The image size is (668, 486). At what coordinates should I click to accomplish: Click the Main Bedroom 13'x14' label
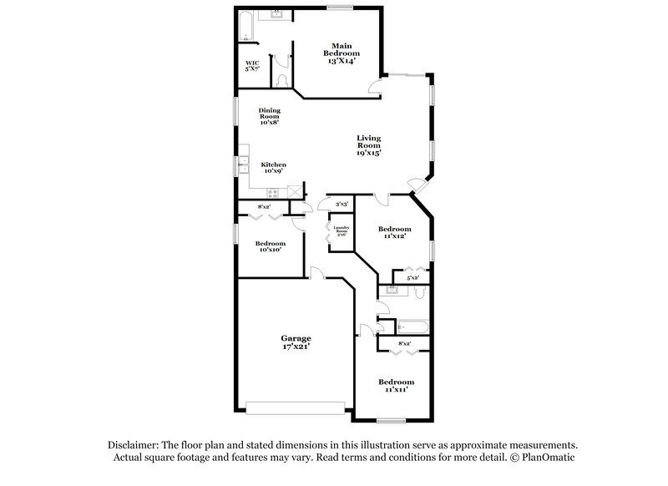click(340, 50)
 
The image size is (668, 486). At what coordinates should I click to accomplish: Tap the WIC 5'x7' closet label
click(251, 66)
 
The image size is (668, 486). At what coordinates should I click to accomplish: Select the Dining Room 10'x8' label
click(269, 116)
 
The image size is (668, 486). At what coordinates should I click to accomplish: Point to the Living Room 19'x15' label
click(368, 145)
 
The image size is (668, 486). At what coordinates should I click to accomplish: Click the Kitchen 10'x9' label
click(274, 168)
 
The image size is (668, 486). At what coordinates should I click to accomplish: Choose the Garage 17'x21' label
click(296, 342)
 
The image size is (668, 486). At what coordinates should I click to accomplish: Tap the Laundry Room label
click(341, 231)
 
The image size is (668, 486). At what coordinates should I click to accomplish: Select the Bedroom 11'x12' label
click(394, 232)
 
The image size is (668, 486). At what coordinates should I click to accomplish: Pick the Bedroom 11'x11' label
click(396, 385)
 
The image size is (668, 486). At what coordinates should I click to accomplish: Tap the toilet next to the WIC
click(283, 80)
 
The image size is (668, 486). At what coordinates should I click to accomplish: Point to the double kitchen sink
click(244, 165)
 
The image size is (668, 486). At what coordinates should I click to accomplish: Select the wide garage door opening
click(296, 407)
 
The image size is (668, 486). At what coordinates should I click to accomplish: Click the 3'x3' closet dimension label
click(341, 204)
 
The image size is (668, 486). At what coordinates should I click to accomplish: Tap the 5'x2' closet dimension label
click(412, 277)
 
